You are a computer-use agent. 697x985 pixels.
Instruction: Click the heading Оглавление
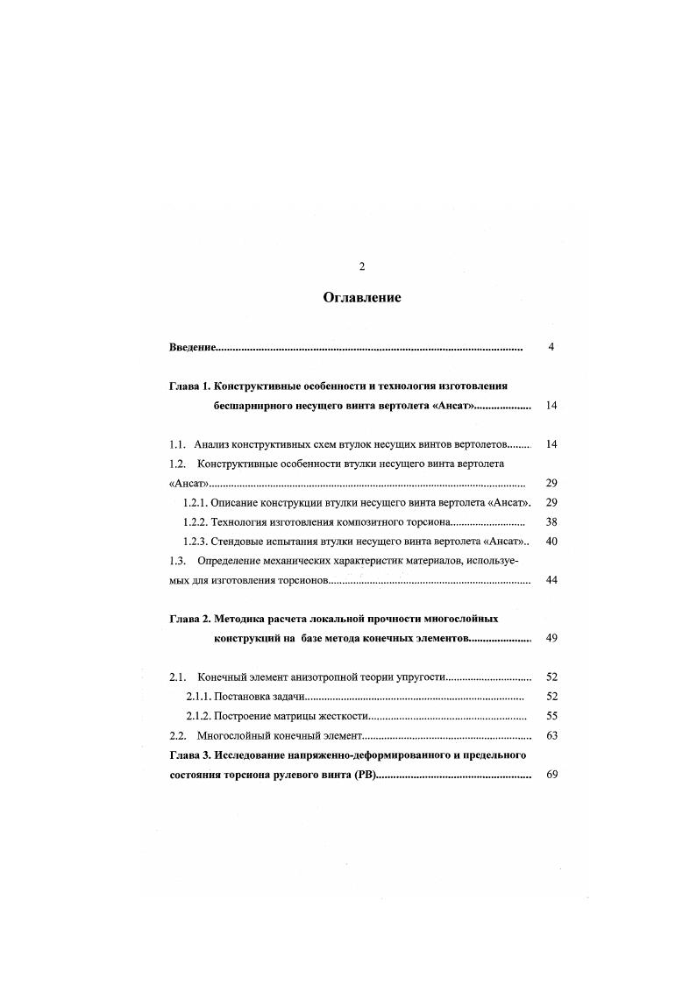tap(361, 298)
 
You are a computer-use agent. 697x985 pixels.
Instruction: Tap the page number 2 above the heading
tap(361, 266)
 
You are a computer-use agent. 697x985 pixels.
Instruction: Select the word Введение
tap(192, 348)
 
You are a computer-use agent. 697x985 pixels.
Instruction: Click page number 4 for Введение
tap(551, 347)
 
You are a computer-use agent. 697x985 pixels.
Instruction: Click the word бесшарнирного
tap(253, 407)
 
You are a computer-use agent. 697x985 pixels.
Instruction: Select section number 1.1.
tap(177, 444)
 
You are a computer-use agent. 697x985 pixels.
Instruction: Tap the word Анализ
tap(214, 444)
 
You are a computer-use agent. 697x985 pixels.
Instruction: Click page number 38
tap(551, 521)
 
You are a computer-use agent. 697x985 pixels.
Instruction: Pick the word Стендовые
tap(239, 542)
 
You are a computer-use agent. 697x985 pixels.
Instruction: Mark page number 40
tap(551, 542)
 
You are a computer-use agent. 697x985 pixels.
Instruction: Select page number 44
tap(551, 580)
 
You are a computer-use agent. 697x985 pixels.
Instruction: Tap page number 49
tap(551, 638)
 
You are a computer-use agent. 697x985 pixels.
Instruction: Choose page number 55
tap(551, 715)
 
